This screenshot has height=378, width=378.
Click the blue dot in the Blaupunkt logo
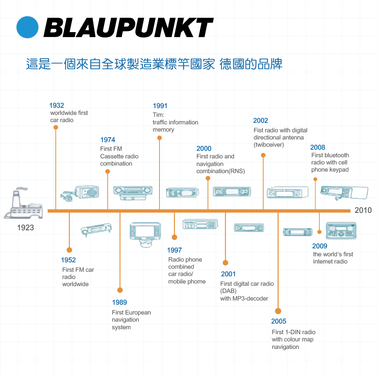point(27,27)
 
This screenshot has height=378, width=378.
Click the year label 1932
point(57,105)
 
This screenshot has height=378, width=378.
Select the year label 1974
point(108,140)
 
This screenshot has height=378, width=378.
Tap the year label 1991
point(160,106)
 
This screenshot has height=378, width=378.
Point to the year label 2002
point(260,121)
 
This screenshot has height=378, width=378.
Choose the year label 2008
point(318,147)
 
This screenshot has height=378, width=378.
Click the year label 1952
point(68,260)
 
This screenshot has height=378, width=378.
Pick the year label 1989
point(119,302)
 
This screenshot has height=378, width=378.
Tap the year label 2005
point(279,321)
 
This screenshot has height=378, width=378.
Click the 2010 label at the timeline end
point(363,210)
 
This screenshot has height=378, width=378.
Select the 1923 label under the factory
point(26,228)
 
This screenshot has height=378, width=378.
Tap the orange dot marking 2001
point(225,263)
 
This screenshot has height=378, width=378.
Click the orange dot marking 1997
point(174,237)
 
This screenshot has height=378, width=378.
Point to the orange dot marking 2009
point(319,232)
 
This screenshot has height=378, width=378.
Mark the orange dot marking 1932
point(56,127)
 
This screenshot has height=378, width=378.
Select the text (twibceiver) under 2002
point(268,145)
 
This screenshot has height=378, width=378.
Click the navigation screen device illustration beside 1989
point(145,234)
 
